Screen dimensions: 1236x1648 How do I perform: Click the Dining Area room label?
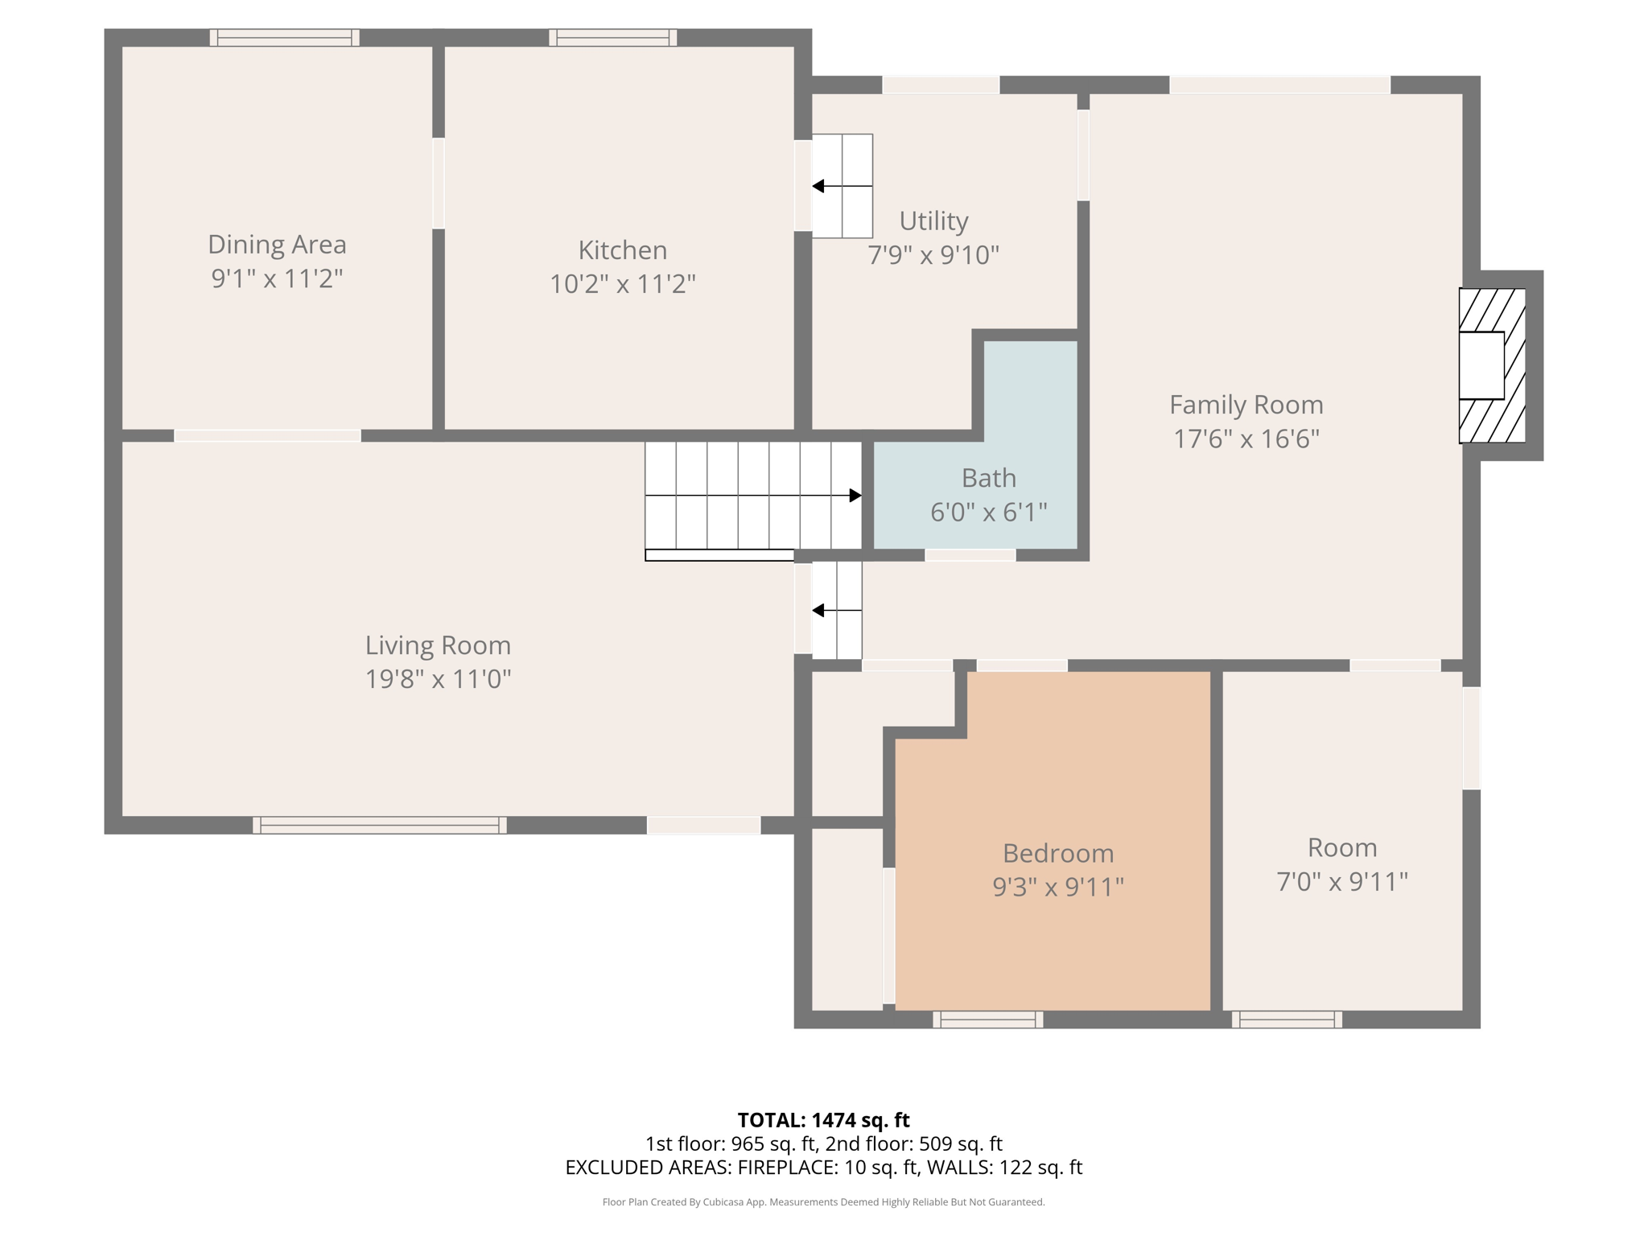(277, 245)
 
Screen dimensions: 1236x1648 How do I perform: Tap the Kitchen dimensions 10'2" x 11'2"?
(622, 284)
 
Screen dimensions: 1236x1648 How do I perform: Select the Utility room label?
(933, 220)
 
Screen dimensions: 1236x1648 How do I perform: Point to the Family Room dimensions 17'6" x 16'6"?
(1246, 439)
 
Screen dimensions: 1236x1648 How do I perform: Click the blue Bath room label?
(988, 478)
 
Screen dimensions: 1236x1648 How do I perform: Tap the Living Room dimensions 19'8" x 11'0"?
(438, 679)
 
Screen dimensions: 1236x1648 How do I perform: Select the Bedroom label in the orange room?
(1057, 853)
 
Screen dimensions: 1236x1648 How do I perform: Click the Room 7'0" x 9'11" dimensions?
(1341, 882)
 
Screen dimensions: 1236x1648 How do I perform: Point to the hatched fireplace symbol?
(1492, 365)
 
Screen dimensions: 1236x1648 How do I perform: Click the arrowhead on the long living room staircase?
(855, 496)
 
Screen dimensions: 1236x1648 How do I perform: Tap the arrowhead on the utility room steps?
(818, 187)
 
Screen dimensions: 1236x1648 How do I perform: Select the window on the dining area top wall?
(284, 38)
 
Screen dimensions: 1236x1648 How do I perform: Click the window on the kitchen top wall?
(612, 38)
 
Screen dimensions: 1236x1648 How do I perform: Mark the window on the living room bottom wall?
(379, 825)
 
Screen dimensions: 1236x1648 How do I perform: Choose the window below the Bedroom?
(987, 1020)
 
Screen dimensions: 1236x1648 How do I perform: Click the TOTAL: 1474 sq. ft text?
(823, 1120)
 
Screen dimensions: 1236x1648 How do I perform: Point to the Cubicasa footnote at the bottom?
(823, 1202)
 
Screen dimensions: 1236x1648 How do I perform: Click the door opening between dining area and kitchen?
(439, 183)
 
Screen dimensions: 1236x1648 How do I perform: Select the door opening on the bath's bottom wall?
(970, 555)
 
